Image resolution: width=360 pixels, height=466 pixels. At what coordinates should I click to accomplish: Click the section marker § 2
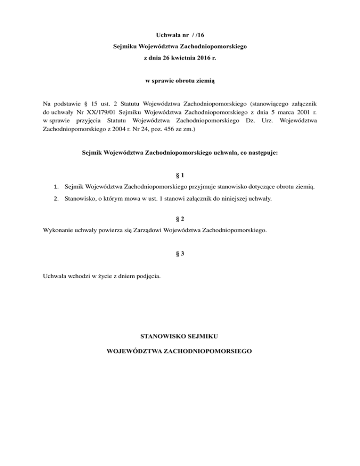click(x=180, y=219)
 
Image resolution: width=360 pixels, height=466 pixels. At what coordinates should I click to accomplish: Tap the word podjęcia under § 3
click(x=149, y=276)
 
